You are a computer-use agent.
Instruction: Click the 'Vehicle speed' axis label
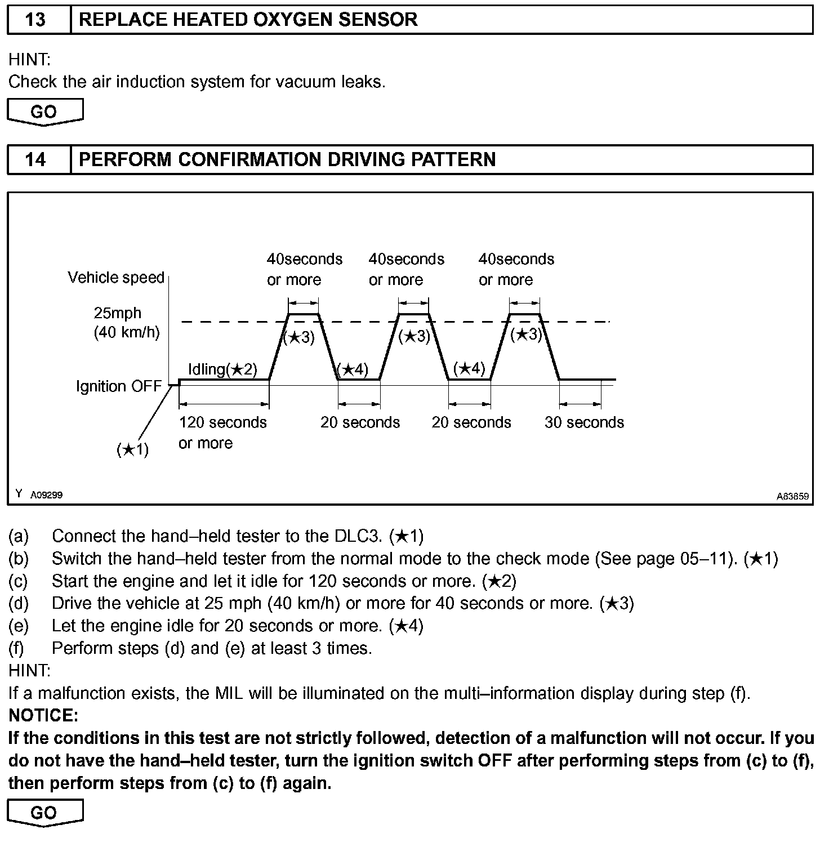pos(116,278)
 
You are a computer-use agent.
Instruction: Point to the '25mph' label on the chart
pos(117,313)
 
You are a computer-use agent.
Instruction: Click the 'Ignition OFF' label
pos(119,386)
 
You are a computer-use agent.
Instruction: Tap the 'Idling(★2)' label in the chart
pos(222,369)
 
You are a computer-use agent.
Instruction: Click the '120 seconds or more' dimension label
pos(222,432)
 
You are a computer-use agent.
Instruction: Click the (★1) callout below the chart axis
pos(132,449)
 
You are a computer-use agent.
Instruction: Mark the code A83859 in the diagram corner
pos(792,496)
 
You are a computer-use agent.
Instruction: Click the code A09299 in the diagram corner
pos(46,495)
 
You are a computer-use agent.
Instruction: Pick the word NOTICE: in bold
pos(43,716)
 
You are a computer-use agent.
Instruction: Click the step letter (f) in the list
pos(17,648)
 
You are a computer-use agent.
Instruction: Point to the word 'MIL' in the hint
pos(229,693)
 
